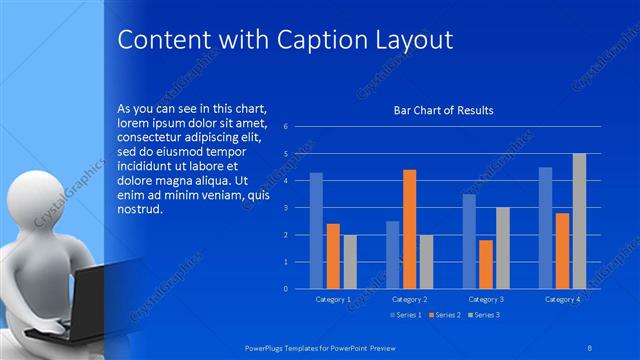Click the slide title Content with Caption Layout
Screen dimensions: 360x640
pyautogui.click(x=286, y=40)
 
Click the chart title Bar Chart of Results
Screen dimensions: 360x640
pyautogui.click(x=443, y=110)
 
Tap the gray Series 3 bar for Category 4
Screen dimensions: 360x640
pyautogui.click(x=579, y=221)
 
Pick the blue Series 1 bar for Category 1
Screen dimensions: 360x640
pyautogui.click(x=316, y=230)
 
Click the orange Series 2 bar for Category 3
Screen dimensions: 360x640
pyautogui.click(x=485, y=264)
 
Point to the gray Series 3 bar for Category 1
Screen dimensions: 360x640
pyautogui.click(x=349, y=261)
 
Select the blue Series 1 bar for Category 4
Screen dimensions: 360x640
pyautogui.click(x=545, y=228)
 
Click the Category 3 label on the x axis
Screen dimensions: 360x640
pyautogui.click(x=486, y=299)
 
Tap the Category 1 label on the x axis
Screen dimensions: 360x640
pyautogui.click(x=333, y=299)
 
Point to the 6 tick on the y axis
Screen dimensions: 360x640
pyautogui.click(x=286, y=127)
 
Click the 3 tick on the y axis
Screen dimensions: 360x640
pyautogui.click(x=286, y=208)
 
